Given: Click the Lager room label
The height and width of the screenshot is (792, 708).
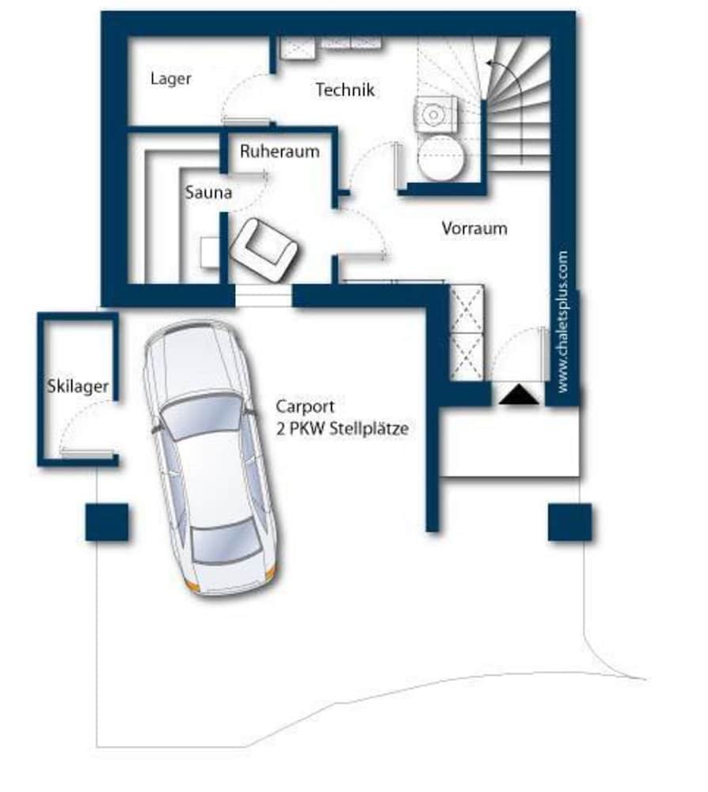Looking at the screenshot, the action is pos(171,78).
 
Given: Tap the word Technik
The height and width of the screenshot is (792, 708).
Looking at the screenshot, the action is pos(345,90).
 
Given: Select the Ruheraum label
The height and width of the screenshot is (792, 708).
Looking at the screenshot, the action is pos(280,151).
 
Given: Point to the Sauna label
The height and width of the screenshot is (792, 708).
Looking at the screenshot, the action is pos(208,192).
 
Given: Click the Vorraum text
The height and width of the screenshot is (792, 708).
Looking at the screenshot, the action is pos(474,228).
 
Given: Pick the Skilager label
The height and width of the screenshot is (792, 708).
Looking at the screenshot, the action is pos(78,386).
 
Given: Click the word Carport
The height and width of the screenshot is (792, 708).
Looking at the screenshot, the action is pos(305,406).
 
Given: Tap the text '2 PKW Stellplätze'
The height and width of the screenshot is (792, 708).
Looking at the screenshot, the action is pos(342,429).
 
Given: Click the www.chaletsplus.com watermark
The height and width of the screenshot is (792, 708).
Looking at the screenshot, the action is pos(562,322).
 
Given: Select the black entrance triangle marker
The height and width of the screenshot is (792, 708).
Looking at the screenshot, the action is pos(519,394).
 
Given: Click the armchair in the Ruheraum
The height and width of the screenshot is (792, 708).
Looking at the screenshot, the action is pos(263,250).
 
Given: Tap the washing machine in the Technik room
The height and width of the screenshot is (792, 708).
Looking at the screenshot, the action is pos(436,115).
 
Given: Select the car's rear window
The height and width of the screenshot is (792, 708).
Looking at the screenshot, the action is pos(226,542).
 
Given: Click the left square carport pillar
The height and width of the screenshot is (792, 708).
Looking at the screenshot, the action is pos(107,522).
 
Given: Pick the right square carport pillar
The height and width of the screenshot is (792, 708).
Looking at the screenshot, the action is pos(569,522).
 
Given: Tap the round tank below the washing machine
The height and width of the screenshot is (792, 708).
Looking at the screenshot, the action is pos(440,158).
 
